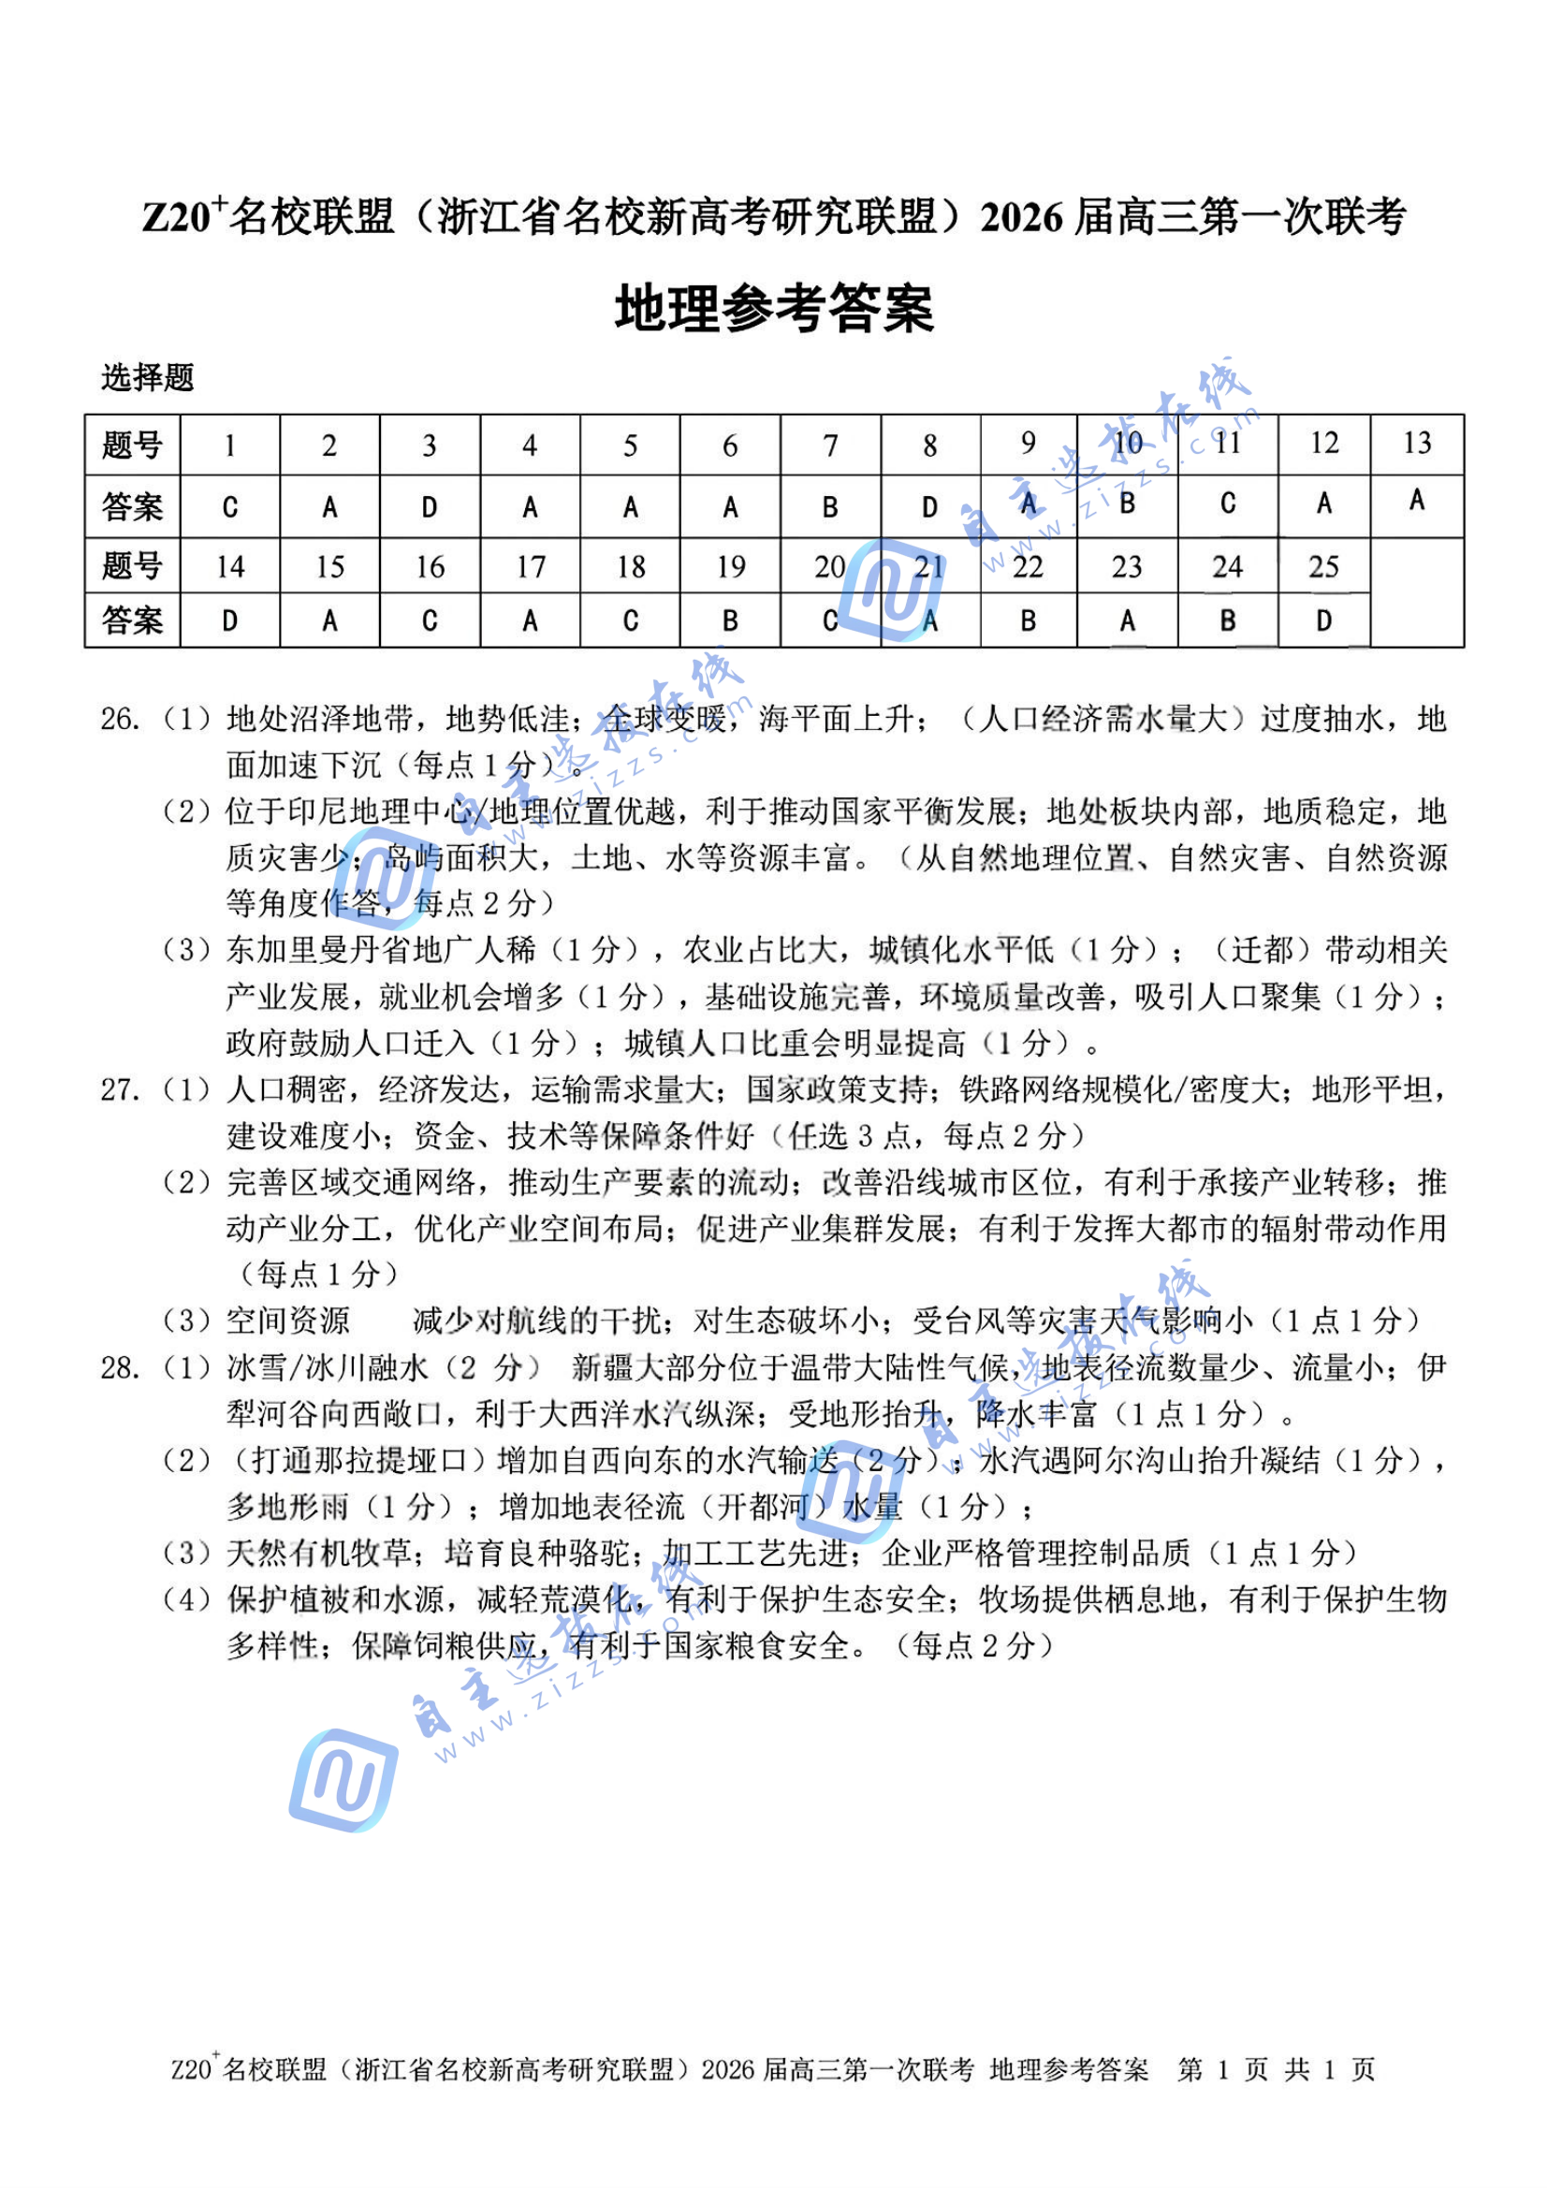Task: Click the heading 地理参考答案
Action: coord(773,308)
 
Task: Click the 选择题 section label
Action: coord(148,377)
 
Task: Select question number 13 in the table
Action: coord(1416,444)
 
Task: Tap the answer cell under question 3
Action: coord(429,507)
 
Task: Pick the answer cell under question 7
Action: coord(830,507)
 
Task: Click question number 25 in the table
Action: coord(1323,566)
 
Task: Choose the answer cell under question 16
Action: coord(429,620)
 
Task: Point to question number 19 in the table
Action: coord(730,566)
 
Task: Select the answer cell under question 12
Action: coord(1323,503)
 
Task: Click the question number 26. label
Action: coord(120,719)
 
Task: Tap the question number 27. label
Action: coord(120,1088)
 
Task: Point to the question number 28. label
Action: coord(120,1367)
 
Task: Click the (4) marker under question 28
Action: coord(187,1598)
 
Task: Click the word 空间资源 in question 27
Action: coord(288,1321)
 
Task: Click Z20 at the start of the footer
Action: coord(191,2070)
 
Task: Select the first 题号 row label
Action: coord(133,445)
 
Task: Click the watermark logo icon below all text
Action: coord(343,1779)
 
